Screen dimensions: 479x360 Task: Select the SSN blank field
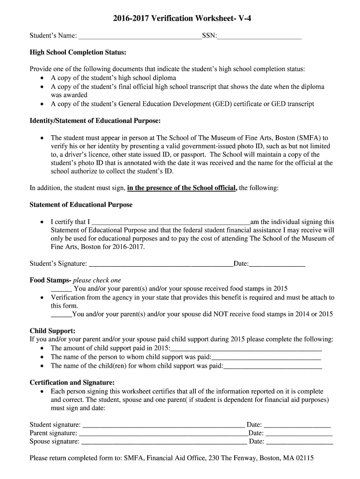[259, 36]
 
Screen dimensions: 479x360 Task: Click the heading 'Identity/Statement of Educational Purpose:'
[95, 121]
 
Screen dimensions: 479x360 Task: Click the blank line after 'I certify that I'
[170, 222]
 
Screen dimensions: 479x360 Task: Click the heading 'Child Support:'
[52, 331]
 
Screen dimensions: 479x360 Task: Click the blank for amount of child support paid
[246, 348]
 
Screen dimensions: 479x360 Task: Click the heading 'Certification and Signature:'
[72, 382]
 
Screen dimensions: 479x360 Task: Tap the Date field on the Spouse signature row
[299, 441]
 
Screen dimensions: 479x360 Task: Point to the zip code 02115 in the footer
[304, 458]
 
